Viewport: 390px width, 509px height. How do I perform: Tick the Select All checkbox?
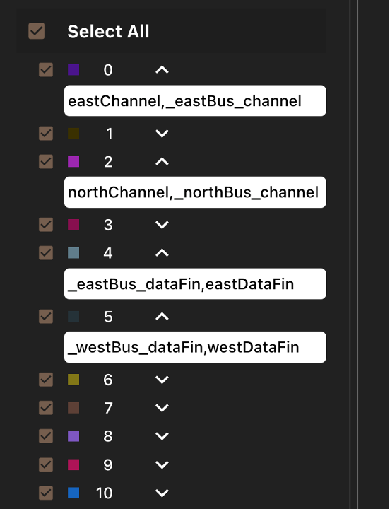36,31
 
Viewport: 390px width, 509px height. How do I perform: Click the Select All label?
108,32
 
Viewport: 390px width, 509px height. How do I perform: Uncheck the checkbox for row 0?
46,70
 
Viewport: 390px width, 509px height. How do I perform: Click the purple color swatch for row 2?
73,161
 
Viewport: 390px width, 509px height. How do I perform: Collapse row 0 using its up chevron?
162,70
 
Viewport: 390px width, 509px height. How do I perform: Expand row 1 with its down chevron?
162,134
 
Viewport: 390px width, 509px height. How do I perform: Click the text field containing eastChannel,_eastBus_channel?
195,100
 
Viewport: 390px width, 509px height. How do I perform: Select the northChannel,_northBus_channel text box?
195,192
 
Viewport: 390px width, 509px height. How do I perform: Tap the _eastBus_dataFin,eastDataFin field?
195,283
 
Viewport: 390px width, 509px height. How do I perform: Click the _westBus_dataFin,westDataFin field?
195,347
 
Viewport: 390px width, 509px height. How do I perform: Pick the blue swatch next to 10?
73,493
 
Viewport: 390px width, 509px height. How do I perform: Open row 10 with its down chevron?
162,493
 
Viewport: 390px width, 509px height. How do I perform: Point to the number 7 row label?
108,408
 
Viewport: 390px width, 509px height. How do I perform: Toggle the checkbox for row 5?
46,317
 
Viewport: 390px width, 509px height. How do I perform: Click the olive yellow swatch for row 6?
73,380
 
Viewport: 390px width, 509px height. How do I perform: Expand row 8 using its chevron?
162,436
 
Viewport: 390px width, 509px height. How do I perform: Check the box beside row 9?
46,464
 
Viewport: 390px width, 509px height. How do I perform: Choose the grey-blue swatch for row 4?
73,253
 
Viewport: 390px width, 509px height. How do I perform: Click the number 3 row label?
108,225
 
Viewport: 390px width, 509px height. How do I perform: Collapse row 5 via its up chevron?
162,317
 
